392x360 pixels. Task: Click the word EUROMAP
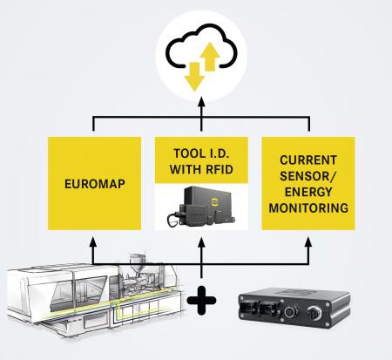click(x=95, y=184)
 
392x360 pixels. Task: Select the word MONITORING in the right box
click(x=308, y=208)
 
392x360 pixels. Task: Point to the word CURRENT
click(x=308, y=160)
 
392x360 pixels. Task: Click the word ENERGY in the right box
click(x=308, y=192)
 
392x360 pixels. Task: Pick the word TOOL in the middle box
click(x=187, y=153)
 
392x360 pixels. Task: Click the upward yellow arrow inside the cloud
click(x=209, y=57)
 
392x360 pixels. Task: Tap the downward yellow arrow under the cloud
click(x=194, y=77)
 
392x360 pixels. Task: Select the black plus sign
click(x=201, y=300)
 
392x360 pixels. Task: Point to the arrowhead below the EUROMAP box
click(x=93, y=242)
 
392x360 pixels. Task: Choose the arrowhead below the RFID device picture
click(x=201, y=242)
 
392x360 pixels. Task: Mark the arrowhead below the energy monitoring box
click(x=308, y=242)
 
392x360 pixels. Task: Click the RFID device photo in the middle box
click(x=201, y=207)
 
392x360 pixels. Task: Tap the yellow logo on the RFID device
click(x=214, y=201)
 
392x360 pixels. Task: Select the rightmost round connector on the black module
click(x=314, y=314)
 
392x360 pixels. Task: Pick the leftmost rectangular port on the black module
click(x=249, y=309)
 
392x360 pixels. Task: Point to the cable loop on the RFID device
click(x=173, y=221)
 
